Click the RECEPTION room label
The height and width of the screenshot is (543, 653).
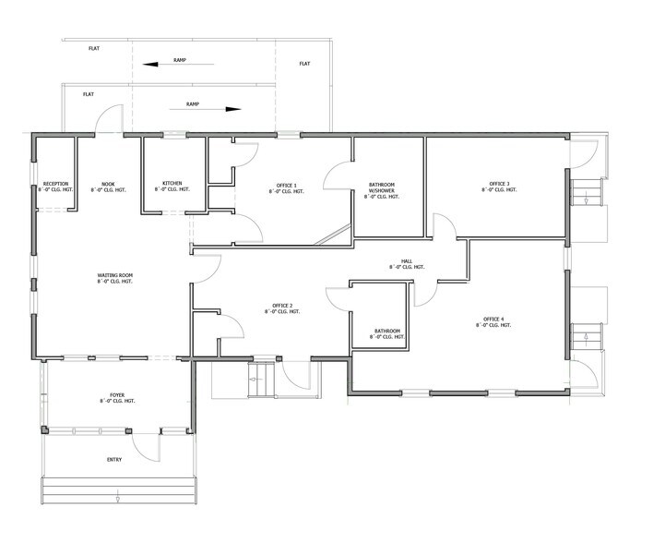click(x=56, y=184)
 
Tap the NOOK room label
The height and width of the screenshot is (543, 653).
click(x=108, y=184)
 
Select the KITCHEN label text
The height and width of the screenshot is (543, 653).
click(x=172, y=184)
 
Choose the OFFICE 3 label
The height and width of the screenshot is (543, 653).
click(x=500, y=184)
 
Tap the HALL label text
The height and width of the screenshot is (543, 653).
click(x=406, y=263)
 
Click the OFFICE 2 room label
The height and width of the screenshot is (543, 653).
click(x=283, y=306)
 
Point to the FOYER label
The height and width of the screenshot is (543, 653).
click(x=117, y=395)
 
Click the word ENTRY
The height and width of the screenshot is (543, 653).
click(x=113, y=458)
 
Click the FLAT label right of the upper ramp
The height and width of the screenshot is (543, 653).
click(x=304, y=64)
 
